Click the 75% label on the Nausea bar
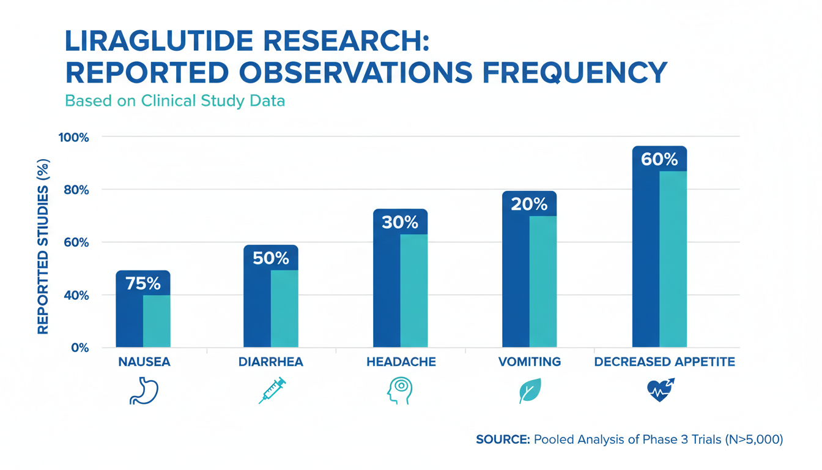143,283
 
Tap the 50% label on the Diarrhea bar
271,258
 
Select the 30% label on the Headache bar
400,222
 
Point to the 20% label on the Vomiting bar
529,204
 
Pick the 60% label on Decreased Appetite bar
659,159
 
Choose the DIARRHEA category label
271,362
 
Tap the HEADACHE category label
401,362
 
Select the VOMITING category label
529,362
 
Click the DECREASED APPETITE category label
664,362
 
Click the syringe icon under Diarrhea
272,391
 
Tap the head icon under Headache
400,391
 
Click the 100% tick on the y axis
74,137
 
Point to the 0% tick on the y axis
80,348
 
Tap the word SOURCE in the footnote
502,439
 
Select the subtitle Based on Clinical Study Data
176,100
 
